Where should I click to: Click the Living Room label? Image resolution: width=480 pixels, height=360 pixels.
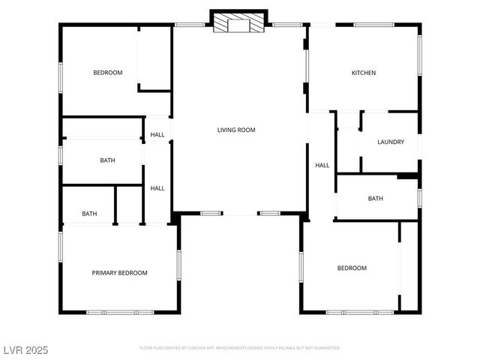236,130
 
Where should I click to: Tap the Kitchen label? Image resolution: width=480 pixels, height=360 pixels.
364,73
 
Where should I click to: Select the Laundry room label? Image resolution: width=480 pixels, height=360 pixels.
391,142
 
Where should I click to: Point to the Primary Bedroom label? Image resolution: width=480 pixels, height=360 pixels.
120,273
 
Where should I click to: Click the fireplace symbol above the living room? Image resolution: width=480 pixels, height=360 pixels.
239,22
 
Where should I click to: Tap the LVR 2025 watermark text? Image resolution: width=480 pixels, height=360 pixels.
25,349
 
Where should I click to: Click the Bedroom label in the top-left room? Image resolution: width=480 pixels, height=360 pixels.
107,73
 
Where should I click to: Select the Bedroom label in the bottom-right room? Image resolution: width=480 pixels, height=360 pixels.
352,268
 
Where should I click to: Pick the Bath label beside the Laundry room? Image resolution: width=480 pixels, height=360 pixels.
375,199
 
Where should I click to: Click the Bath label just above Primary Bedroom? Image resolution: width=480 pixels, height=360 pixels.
89,214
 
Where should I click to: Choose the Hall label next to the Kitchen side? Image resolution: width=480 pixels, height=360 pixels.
322,166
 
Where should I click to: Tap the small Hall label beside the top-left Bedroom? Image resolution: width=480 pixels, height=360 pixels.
157,135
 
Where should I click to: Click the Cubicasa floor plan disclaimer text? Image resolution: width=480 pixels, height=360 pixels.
240,348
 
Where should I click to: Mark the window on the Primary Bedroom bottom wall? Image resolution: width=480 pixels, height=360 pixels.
119,311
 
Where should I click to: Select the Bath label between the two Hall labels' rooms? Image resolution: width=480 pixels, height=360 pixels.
107,160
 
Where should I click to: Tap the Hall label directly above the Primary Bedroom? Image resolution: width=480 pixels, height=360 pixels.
157,188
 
